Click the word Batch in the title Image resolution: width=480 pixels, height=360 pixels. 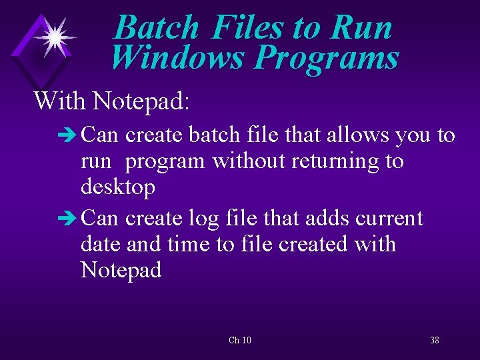coord(157,28)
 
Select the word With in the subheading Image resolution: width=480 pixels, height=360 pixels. coord(61,101)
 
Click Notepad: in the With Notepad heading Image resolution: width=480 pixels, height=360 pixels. coord(141,101)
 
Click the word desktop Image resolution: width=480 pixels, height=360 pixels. coord(118,187)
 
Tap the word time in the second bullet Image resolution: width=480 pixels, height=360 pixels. coord(189,244)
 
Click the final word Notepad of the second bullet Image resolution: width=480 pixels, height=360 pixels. coord(121,270)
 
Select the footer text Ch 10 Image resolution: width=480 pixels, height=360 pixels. coord(239,341)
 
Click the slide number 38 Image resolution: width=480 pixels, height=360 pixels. coord(434,341)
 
